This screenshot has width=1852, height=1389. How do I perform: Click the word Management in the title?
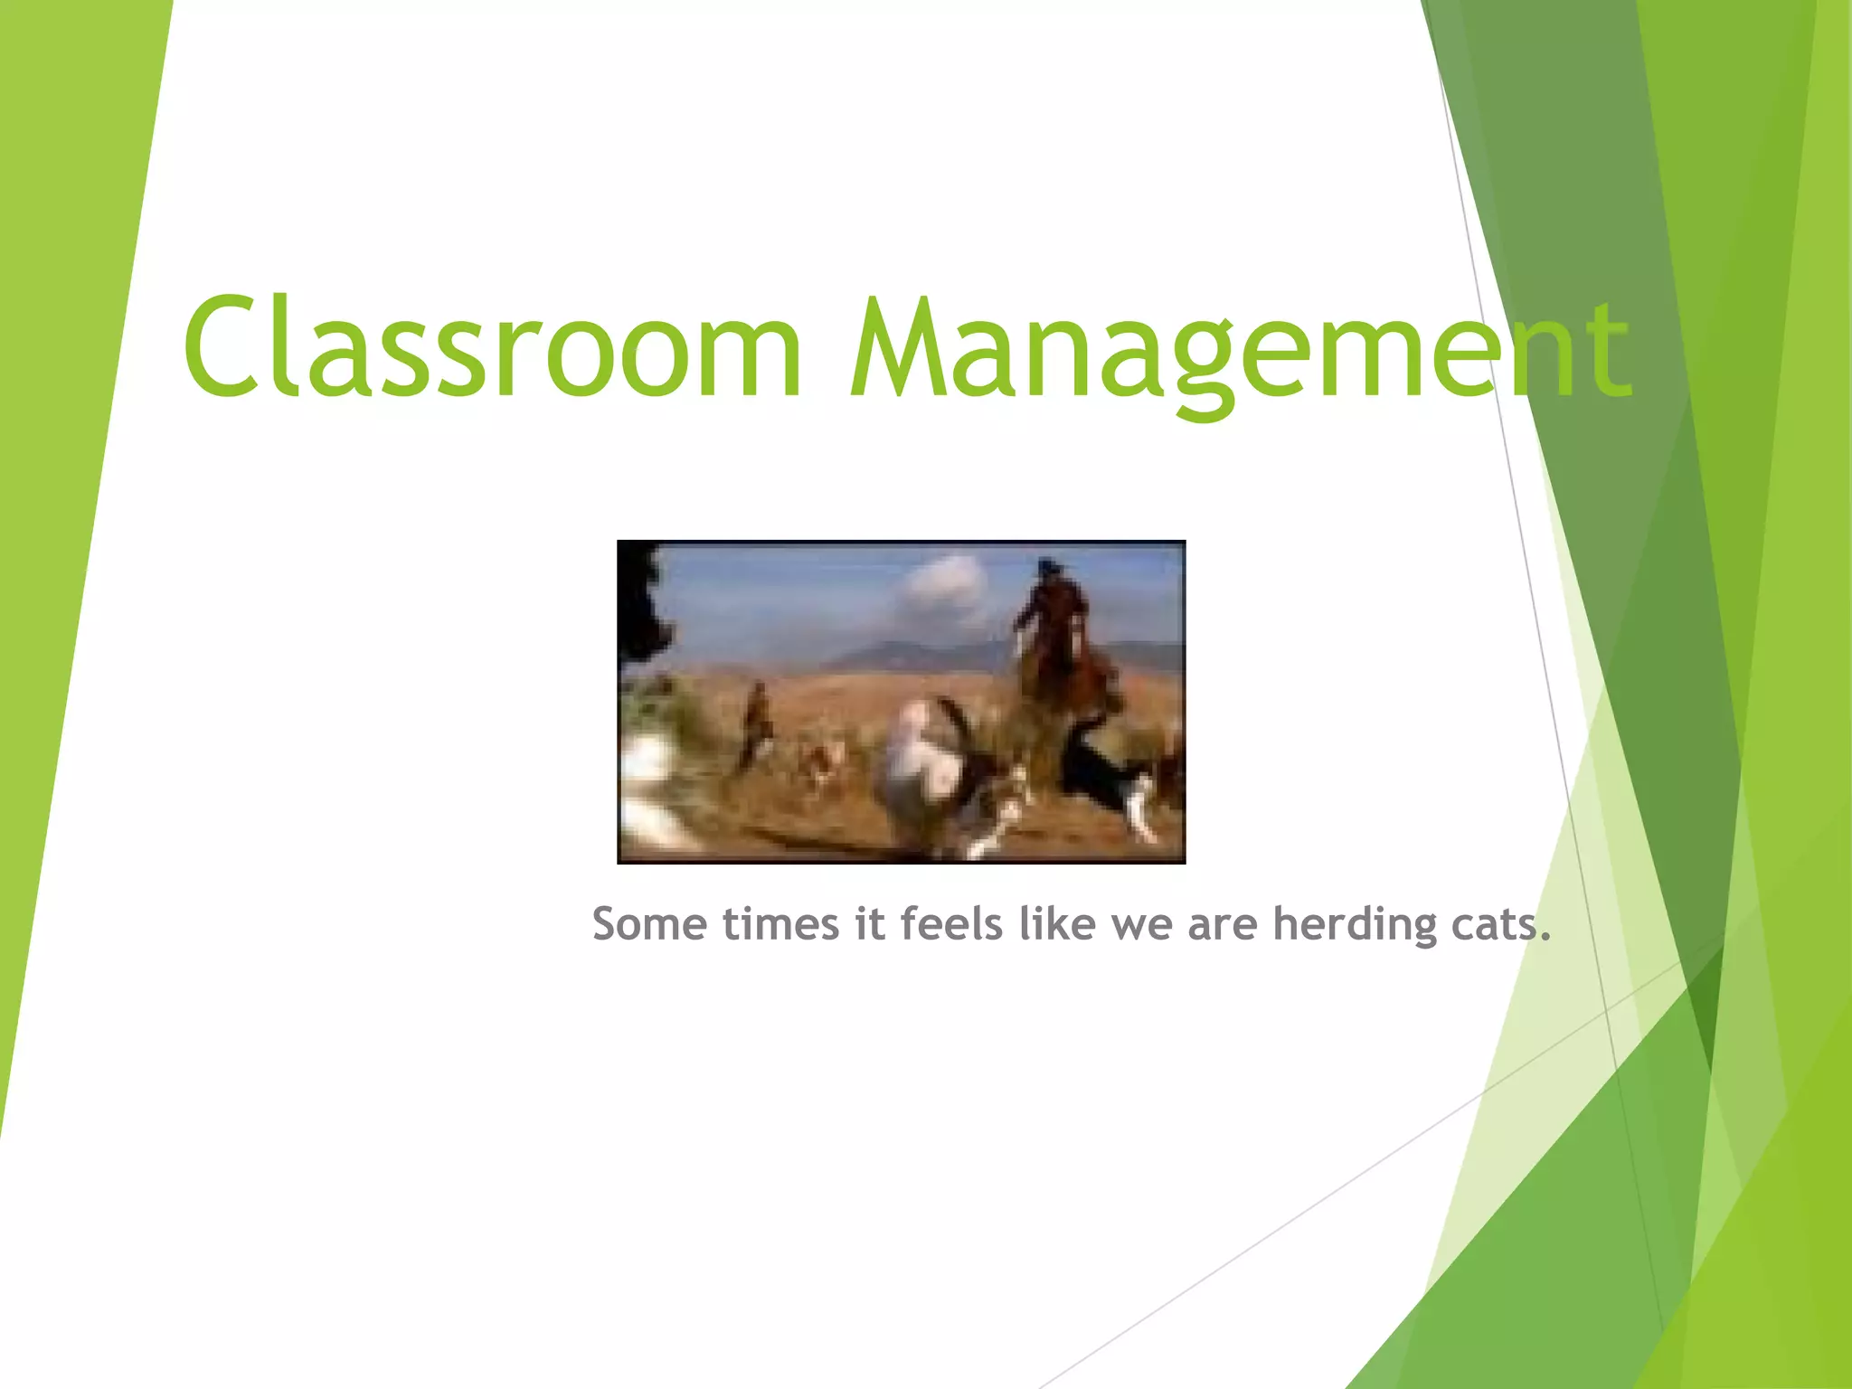click(x=1239, y=353)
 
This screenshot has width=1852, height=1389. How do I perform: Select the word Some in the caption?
click(x=648, y=924)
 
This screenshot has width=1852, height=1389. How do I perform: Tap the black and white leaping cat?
click(x=1103, y=778)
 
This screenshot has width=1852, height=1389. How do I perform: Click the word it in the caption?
click(x=870, y=924)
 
